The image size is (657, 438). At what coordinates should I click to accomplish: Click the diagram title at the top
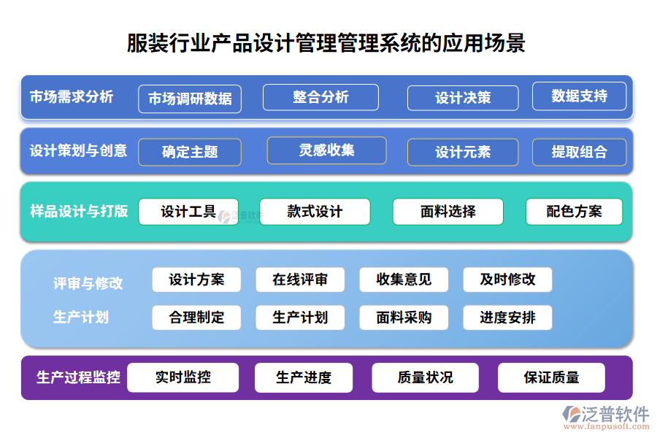click(x=326, y=42)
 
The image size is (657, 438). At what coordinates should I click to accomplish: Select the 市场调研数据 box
click(x=190, y=99)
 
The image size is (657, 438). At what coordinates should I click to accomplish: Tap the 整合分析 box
click(x=320, y=97)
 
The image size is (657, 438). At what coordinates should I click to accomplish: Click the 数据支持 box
click(x=579, y=96)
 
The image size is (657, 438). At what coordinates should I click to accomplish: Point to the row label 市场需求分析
click(x=72, y=96)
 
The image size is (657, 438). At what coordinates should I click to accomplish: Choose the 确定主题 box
click(x=190, y=152)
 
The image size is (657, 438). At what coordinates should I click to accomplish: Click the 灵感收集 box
click(x=326, y=150)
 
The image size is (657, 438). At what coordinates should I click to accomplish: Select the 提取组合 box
click(x=579, y=152)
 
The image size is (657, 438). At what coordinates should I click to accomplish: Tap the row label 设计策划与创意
click(x=78, y=151)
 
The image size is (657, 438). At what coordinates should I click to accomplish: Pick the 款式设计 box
click(x=315, y=212)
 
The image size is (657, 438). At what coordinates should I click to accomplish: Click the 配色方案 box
click(x=574, y=212)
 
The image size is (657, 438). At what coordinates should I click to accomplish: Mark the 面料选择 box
click(x=447, y=212)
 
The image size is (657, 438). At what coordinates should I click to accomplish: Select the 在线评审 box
click(x=300, y=280)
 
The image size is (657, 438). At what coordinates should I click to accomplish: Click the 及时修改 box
click(x=507, y=280)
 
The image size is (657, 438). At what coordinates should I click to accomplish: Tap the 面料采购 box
click(x=404, y=318)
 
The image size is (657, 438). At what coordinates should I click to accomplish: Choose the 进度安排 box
click(x=507, y=318)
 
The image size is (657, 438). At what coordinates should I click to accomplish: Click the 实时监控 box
click(x=182, y=377)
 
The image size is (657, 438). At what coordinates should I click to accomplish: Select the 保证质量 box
click(x=551, y=377)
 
